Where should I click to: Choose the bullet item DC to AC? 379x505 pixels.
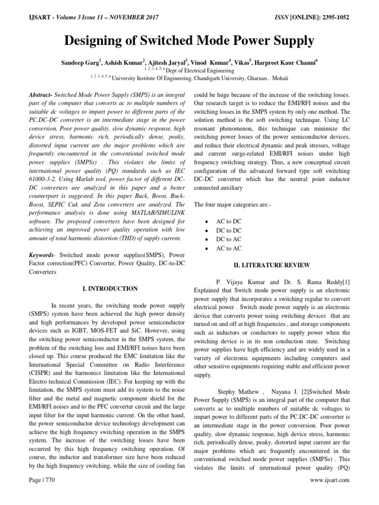click(x=229, y=239)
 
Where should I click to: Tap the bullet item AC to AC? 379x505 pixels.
click(x=229, y=249)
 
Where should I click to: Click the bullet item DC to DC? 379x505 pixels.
click(x=229, y=230)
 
